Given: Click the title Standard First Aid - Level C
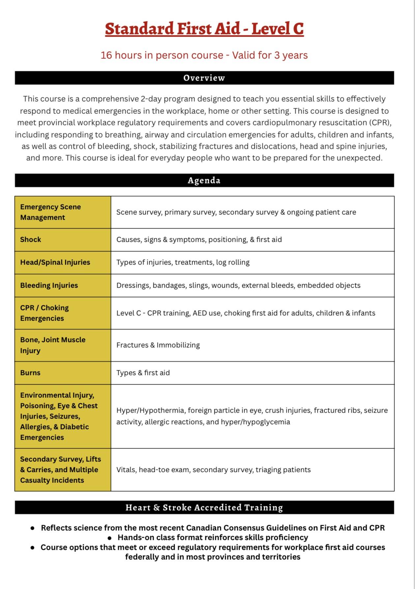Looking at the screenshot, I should point(204,29).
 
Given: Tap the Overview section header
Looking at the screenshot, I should point(204,78).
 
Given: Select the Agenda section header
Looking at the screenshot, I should point(204,180).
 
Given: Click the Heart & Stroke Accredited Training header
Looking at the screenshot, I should point(204,507).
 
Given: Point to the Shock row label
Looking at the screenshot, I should point(31,239).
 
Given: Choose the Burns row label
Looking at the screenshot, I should point(30,373).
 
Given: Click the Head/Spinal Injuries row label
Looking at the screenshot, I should point(55,262).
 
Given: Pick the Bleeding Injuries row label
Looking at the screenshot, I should point(49,285).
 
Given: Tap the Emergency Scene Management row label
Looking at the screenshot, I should point(50,212).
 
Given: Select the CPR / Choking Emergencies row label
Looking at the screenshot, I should point(44,313).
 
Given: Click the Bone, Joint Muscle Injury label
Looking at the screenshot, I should point(53,345).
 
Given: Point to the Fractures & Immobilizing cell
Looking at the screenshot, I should point(158,345).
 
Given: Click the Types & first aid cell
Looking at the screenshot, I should point(143,373).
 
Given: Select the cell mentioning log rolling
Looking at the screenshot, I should point(183,262).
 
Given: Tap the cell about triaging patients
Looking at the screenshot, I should point(213,470).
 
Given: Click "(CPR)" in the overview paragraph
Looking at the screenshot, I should point(379,123).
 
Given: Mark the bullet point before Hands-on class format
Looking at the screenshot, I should point(110,538).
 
